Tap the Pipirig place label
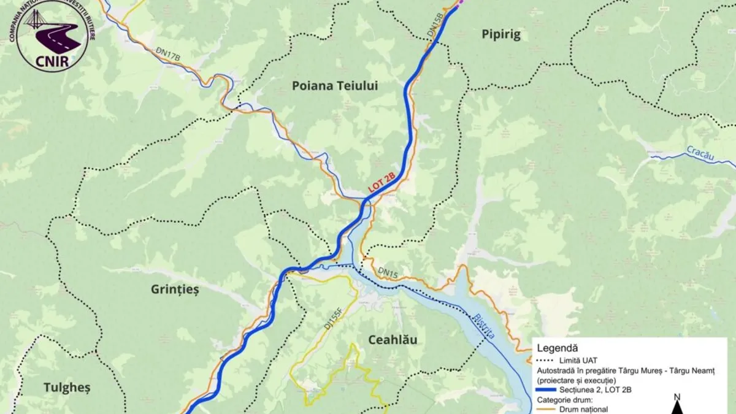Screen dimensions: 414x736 point(500,35)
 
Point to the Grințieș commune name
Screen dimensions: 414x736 point(175,289)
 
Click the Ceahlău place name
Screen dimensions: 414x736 point(393,340)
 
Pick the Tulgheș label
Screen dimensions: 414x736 point(67,387)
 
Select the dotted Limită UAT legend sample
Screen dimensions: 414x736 point(545,359)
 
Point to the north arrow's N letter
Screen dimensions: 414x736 point(677,397)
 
